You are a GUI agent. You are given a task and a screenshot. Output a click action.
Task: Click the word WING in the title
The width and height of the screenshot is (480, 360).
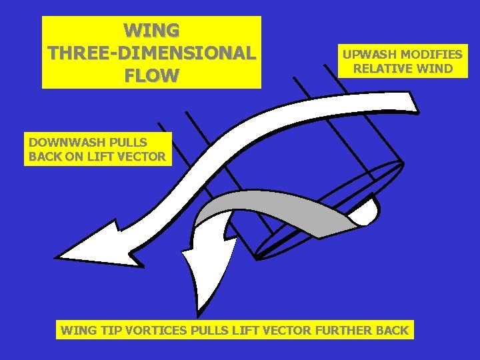(x=151, y=31)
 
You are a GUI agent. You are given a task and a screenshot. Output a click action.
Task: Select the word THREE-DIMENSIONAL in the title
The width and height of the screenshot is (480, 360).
(x=151, y=53)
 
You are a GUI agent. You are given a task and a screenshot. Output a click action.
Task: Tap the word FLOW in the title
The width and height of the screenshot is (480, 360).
(x=151, y=75)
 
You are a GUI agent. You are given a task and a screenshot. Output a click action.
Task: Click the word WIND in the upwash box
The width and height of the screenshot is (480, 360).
(x=433, y=68)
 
